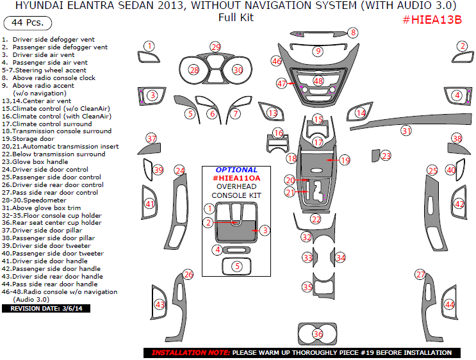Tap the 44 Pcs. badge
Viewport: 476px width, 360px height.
coord(28,24)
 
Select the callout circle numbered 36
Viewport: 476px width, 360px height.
coord(318,334)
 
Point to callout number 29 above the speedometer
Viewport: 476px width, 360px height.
coord(216,47)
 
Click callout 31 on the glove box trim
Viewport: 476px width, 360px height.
coord(406,131)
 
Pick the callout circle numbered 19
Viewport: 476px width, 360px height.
coord(345,160)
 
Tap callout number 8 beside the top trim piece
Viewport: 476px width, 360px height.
coord(353,33)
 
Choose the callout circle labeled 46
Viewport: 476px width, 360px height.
coord(276,61)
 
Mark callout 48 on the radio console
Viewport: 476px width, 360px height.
coord(318,81)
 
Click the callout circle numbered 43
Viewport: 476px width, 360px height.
coord(160,304)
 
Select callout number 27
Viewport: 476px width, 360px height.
coord(420,275)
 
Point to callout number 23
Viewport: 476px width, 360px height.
coord(386,156)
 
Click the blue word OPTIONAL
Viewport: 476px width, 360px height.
coord(236,170)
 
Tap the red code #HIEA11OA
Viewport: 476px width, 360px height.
coord(236,178)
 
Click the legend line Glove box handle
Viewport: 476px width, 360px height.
coord(45,162)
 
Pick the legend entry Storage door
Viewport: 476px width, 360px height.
coord(37,139)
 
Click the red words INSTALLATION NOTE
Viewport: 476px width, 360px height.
coord(190,353)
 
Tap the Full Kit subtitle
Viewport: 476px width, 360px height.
coord(236,17)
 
